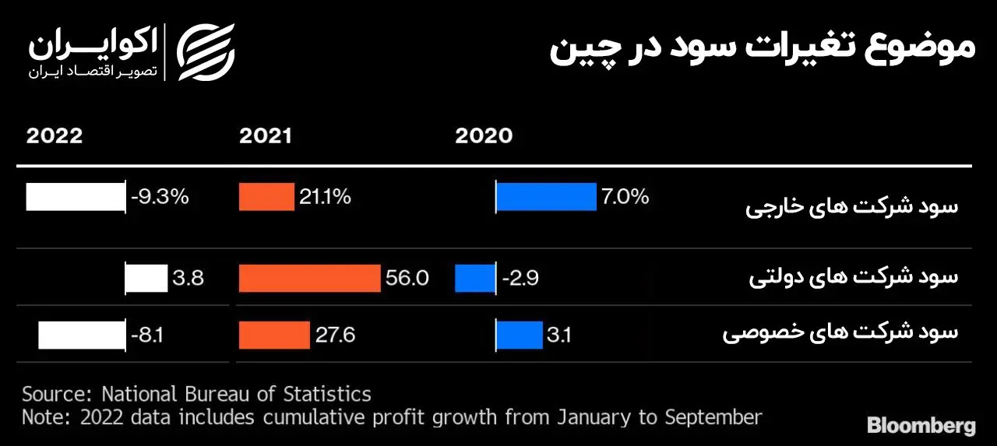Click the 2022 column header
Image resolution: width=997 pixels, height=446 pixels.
click(x=55, y=136)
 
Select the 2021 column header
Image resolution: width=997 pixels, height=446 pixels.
click(x=266, y=136)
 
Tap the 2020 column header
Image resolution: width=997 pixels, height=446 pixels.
click(x=484, y=136)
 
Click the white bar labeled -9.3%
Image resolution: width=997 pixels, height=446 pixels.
click(x=76, y=197)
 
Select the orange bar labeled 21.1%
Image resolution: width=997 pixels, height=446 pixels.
click(x=266, y=197)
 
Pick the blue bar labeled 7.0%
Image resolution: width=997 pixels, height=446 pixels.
click(x=546, y=197)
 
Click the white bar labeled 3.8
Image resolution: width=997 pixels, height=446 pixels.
click(x=147, y=278)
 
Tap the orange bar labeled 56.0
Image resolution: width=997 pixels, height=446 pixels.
click(x=309, y=278)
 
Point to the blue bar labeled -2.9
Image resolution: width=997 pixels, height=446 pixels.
click(x=475, y=278)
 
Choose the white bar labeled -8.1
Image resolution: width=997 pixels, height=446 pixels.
click(x=82, y=335)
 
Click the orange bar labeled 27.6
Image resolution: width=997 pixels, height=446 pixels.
click(x=274, y=335)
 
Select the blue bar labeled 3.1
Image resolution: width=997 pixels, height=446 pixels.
click(x=520, y=335)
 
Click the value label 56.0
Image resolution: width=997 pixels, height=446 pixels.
click(x=407, y=278)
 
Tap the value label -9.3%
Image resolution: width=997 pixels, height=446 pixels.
click(x=160, y=197)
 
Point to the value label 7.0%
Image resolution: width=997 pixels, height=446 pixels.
click(x=625, y=197)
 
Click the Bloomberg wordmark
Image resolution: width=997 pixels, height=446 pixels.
click(x=921, y=426)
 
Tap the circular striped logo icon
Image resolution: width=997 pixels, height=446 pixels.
click(x=206, y=51)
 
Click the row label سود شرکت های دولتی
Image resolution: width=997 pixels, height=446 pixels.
click(x=854, y=278)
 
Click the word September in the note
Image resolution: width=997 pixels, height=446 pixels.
click(x=713, y=417)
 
